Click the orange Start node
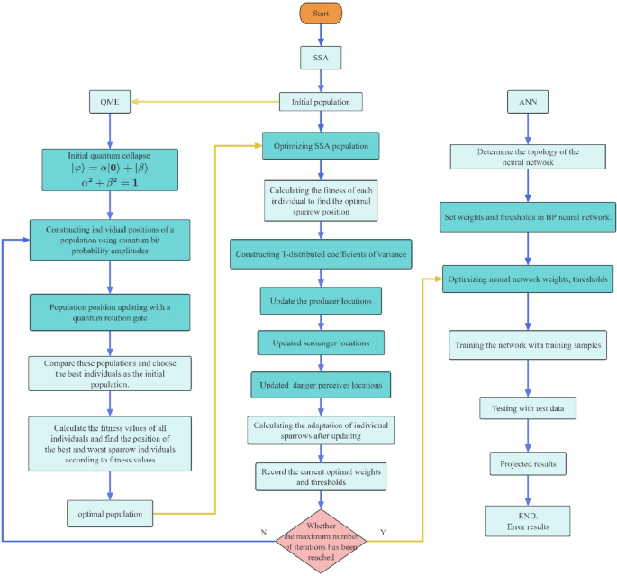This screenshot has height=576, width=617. (x=321, y=15)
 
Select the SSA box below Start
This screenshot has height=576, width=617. (x=321, y=59)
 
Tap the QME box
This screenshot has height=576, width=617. (x=111, y=101)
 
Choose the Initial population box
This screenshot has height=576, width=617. (x=321, y=102)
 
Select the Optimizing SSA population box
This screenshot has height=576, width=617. (x=321, y=145)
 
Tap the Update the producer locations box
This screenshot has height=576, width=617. (x=321, y=298)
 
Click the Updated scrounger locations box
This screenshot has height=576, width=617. (x=321, y=343)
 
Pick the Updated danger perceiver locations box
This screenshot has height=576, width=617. (x=321, y=386)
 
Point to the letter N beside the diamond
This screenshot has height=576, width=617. (x=263, y=533)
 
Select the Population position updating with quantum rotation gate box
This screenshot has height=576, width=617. (x=111, y=311)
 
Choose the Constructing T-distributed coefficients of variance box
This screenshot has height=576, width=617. (x=321, y=254)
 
